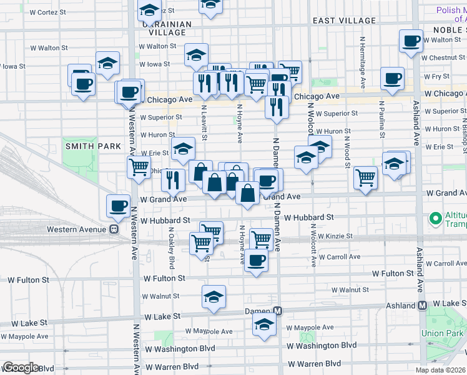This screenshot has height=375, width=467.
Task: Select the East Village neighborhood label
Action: [x=344, y=21]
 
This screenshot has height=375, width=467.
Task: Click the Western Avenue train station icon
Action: [x=114, y=229]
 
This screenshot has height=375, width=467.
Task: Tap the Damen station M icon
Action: [x=279, y=311]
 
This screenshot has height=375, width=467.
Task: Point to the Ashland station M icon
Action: [x=423, y=306]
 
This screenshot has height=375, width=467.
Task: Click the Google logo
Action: [x=21, y=367]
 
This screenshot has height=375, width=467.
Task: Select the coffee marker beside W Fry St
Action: [x=392, y=79]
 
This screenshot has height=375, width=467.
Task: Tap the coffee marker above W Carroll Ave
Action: [x=255, y=260]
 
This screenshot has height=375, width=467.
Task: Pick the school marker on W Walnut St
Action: [x=214, y=296]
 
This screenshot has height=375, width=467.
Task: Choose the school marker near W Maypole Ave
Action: [x=264, y=324]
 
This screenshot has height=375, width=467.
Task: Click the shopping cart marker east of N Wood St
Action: [x=365, y=177]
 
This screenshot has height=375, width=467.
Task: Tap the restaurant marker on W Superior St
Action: [x=277, y=106]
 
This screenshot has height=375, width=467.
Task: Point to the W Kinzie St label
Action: [x=335, y=236]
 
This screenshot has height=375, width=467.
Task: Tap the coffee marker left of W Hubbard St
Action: [x=117, y=206]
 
